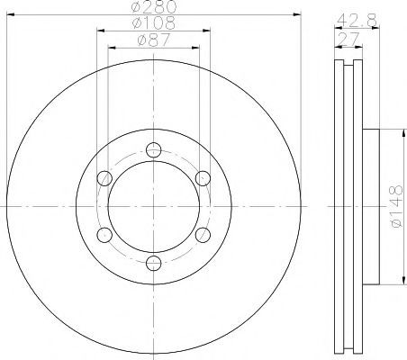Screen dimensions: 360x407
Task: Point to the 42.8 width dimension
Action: [x=351, y=18]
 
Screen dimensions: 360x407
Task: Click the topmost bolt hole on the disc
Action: [x=154, y=149]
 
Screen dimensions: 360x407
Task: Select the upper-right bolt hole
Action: [x=203, y=177]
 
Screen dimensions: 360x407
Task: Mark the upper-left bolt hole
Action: [x=104, y=177]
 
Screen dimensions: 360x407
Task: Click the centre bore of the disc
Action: [x=154, y=206]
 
